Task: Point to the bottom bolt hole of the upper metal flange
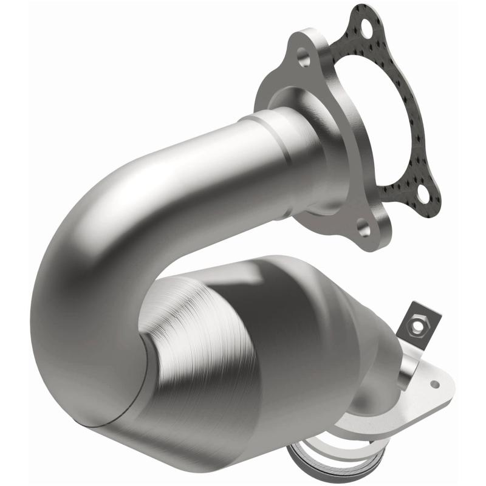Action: click(363, 229)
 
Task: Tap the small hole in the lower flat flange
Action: click(434, 384)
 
